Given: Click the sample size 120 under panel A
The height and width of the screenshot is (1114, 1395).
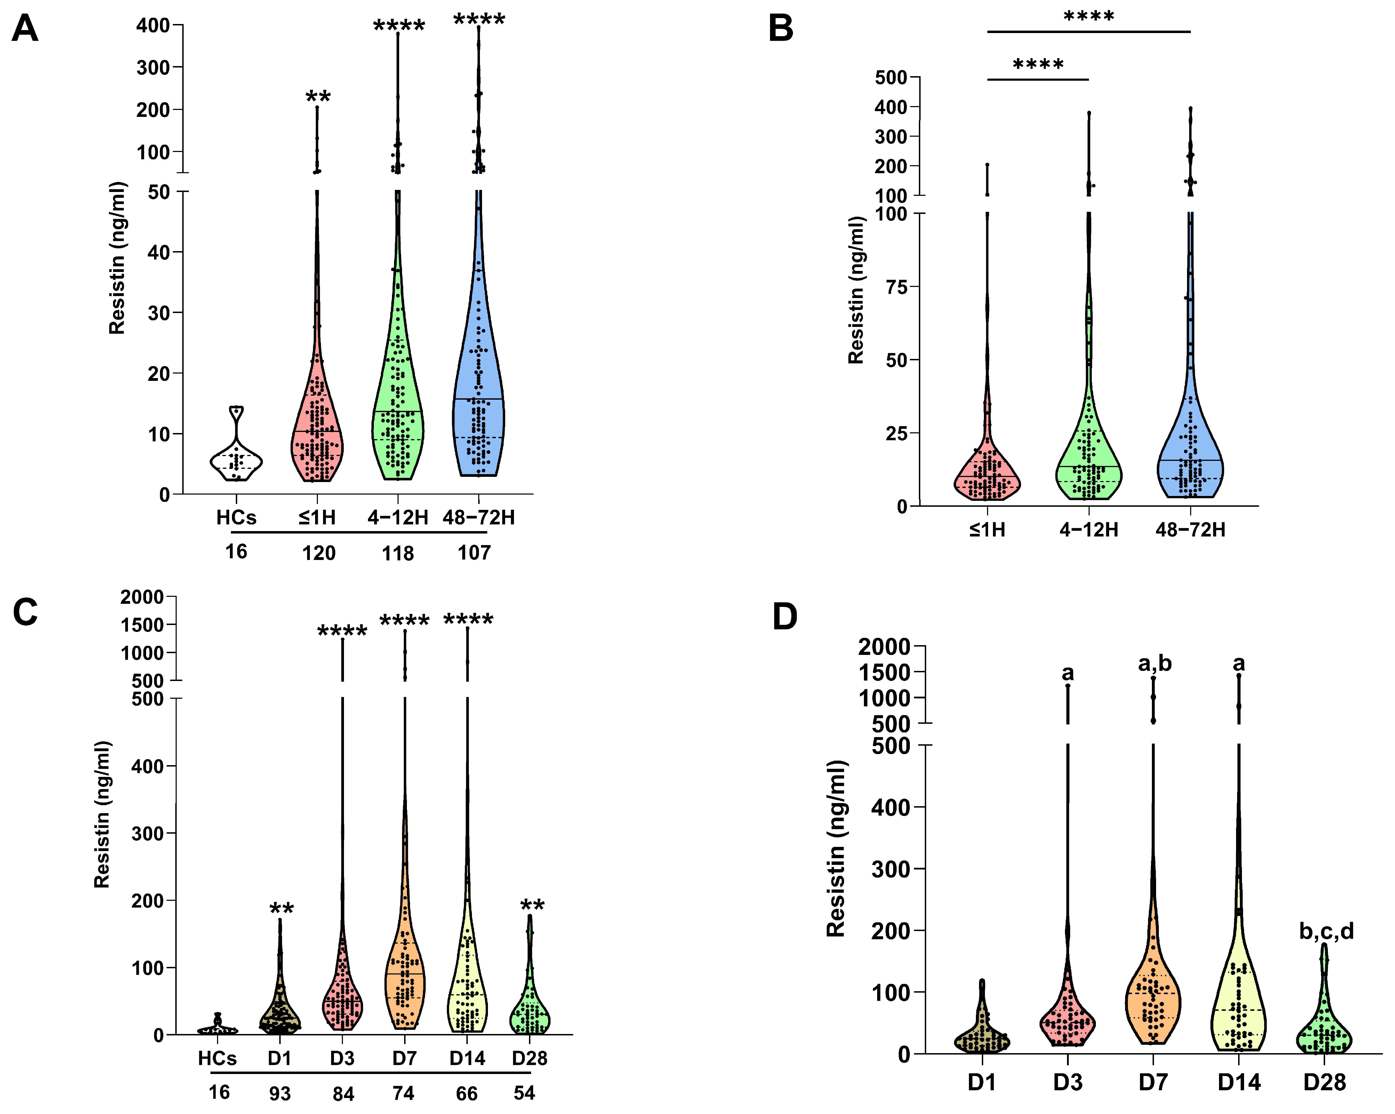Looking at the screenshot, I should tap(318, 553).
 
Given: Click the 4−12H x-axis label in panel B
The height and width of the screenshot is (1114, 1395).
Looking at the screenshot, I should tap(1088, 530).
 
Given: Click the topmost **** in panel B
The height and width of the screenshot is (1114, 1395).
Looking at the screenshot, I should tap(1089, 17).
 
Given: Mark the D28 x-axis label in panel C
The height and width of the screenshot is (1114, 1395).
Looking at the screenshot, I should tap(529, 1058).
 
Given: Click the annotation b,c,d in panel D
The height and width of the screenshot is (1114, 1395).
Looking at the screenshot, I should tap(1326, 931).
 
